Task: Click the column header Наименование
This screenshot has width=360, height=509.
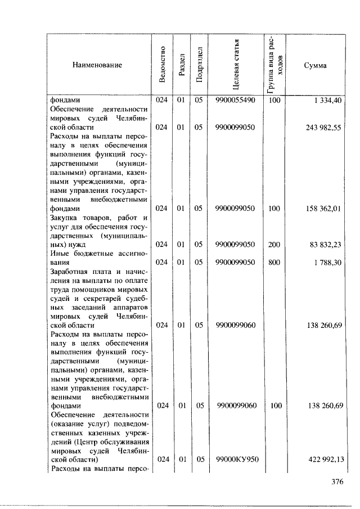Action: [x=97, y=65]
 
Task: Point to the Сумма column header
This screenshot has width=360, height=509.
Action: [x=315, y=65]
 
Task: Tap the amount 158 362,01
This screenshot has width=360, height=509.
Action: [x=323, y=208]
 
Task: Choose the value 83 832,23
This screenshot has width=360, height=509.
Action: [x=326, y=244]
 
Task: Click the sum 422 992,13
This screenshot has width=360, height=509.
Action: [x=323, y=460]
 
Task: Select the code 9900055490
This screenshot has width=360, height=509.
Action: [x=235, y=101]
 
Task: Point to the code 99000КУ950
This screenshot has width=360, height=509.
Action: [x=237, y=460]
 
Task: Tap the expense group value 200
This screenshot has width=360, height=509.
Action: [x=274, y=244]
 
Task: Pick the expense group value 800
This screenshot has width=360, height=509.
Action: [x=274, y=262]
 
